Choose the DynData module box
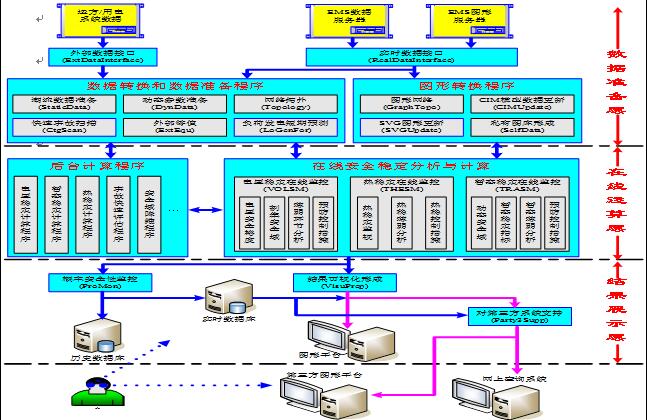click(162, 104)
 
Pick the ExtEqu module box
click(162, 128)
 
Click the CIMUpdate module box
click(520, 104)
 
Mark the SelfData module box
click(520, 128)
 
